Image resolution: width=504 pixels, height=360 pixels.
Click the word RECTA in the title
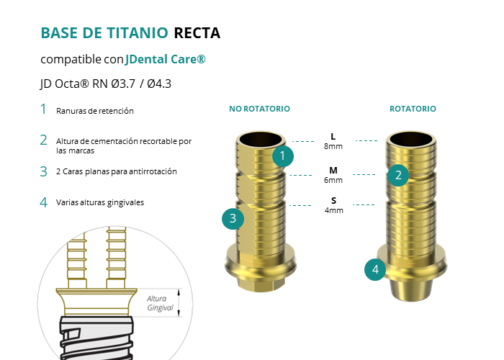pos(197,33)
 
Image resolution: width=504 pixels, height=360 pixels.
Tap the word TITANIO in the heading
pos(138,33)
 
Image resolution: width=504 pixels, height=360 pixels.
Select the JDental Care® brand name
pos(165,59)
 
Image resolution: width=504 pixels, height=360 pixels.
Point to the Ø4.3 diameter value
pos(159,84)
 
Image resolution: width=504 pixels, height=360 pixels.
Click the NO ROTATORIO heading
pos(259,109)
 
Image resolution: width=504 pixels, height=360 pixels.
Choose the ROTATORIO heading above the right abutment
pos(413,109)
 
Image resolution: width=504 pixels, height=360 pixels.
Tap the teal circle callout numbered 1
pos(283,156)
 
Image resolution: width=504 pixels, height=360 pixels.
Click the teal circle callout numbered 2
pos(398,176)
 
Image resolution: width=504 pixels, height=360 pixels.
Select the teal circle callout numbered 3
pos(233,219)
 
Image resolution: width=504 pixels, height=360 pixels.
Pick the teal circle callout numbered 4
pos(375,270)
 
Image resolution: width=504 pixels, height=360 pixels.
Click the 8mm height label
pos(333,146)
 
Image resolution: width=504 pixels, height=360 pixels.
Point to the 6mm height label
pos(333,180)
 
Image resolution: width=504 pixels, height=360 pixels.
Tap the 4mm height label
pos(334,210)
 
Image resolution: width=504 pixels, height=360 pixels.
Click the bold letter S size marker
pos(333,201)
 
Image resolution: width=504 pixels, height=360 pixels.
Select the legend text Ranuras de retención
pos(95,111)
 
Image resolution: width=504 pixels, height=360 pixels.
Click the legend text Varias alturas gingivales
pos(100,202)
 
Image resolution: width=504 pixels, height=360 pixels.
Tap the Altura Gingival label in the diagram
pos(160,303)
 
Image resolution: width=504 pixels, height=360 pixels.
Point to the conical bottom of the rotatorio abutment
pos(411,290)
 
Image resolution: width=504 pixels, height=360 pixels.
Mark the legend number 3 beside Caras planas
pos(44,171)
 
